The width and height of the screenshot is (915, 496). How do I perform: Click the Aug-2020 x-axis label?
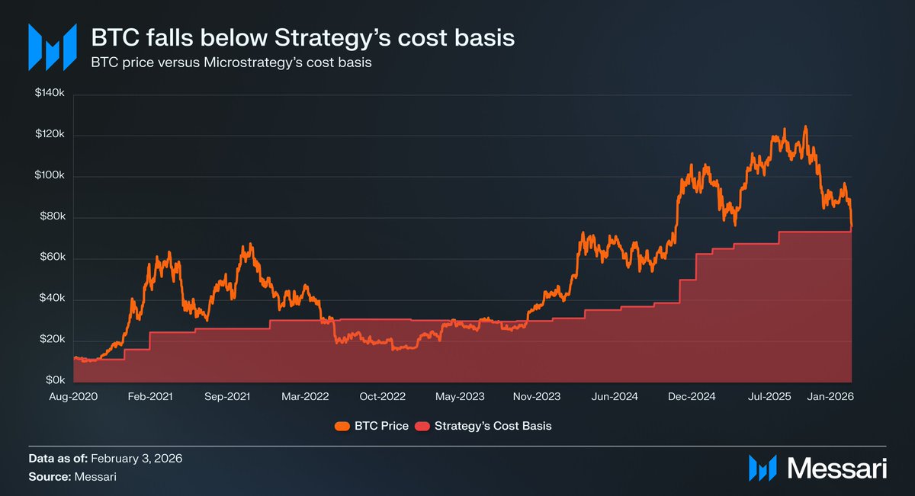[x=74, y=397]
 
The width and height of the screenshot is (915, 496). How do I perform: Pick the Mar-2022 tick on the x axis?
[x=304, y=397]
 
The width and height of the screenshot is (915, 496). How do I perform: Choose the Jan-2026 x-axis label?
[x=831, y=397]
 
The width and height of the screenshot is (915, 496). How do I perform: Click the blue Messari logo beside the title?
[x=53, y=47]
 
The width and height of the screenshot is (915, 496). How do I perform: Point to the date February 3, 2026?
[x=136, y=459]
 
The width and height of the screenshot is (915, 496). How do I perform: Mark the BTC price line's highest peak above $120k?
[x=805, y=127]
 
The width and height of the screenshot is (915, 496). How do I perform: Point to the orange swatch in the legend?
[x=342, y=426]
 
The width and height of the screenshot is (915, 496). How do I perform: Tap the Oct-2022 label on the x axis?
[x=383, y=397]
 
